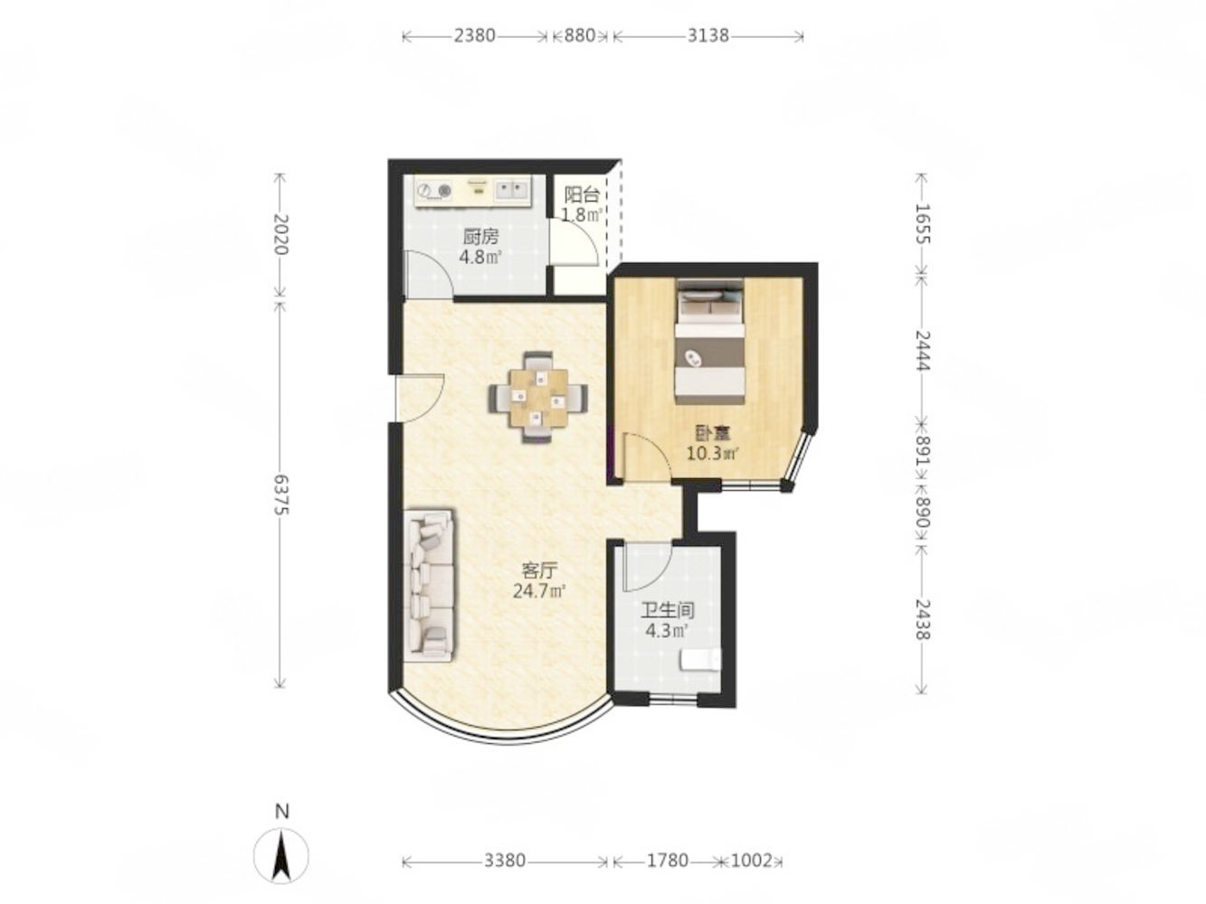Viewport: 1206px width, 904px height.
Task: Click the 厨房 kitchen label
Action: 480,237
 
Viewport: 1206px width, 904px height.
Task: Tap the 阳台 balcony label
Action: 581,195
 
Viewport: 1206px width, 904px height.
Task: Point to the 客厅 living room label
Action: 538,570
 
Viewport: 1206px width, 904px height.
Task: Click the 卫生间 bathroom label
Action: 668,610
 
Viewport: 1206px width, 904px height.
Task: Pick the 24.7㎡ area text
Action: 539,592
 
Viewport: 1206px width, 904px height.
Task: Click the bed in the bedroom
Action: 710,342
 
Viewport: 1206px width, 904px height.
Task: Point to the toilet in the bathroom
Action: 700,659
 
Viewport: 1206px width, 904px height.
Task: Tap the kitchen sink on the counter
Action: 128,191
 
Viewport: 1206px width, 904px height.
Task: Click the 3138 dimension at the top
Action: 707,35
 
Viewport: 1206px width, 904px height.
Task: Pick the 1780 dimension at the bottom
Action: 667,861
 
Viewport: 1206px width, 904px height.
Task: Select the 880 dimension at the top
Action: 579,35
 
